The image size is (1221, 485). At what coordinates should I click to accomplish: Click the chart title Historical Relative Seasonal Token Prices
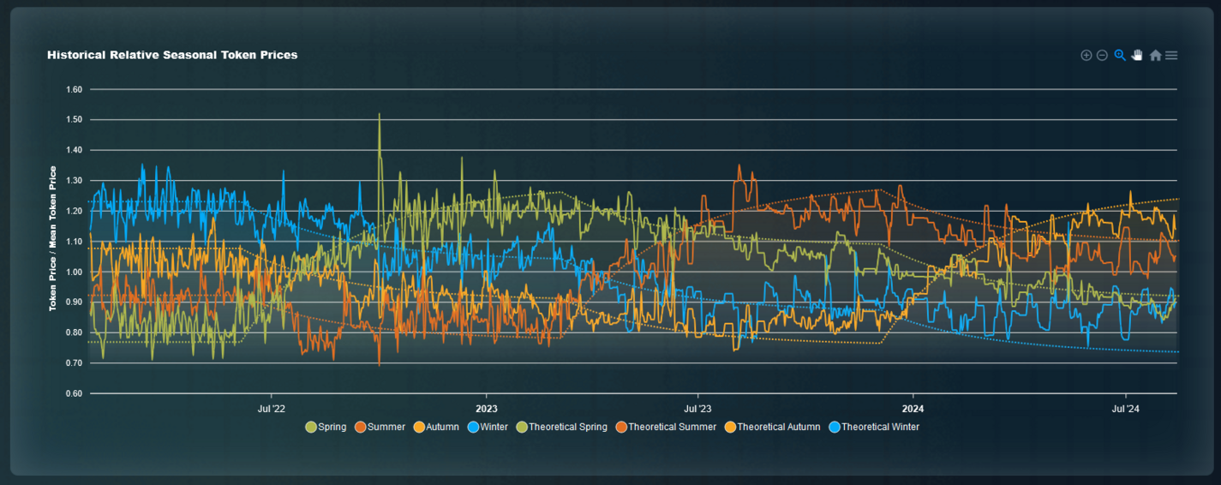pos(172,55)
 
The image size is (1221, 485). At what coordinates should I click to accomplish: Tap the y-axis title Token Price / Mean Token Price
pos(53,238)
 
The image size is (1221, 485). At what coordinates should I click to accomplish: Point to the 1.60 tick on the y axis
pos(74,89)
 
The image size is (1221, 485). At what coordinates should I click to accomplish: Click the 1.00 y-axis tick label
pos(74,272)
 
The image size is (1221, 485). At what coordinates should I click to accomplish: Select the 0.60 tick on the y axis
pos(74,393)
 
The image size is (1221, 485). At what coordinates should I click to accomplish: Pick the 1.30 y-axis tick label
pos(74,181)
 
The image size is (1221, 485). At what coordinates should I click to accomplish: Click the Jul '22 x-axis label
pos(271,409)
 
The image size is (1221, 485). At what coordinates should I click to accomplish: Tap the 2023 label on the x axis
pos(487,409)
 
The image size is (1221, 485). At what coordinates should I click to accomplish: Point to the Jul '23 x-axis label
pos(697,409)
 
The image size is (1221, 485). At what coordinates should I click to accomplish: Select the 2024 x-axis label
pos(913,409)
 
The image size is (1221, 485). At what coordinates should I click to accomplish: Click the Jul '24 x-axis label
pos(1125,409)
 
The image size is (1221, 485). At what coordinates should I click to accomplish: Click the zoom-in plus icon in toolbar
pos(1086,56)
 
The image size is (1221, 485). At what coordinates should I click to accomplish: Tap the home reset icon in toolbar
pos(1155,56)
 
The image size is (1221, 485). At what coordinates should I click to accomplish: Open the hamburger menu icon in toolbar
pos(1171,56)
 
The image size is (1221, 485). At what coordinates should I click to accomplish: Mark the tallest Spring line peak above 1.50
pos(379,114)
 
